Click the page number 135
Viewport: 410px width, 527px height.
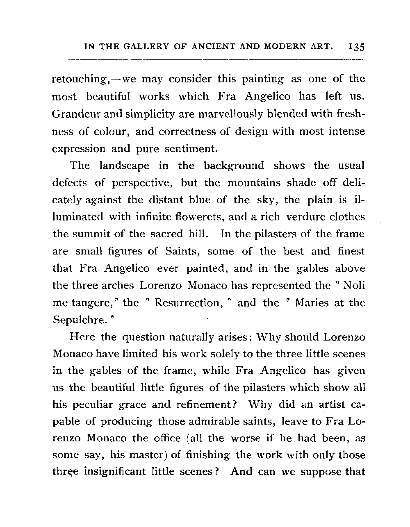click(x=355, y=47)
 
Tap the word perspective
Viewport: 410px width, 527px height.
click(x=142, y=183)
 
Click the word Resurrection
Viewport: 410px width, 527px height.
click(x=187, y=303)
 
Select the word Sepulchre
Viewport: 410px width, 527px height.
click(x=80, y=320)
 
